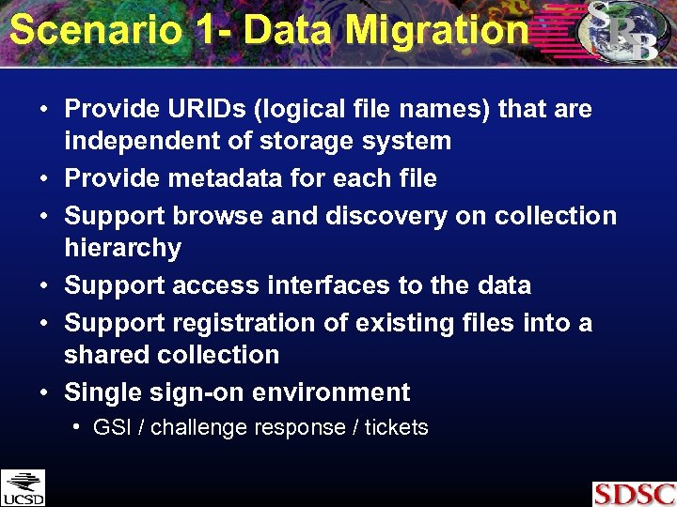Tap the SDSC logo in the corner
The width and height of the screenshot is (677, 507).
pos(634,493)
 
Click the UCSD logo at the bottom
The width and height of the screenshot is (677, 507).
pos(23,487)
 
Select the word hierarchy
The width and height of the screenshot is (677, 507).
pos(122,248)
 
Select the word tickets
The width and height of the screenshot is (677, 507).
pos(396,428)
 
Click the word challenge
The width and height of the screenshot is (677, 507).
pos(195,428)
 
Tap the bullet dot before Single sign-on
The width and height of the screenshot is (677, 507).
pos(45,392)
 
